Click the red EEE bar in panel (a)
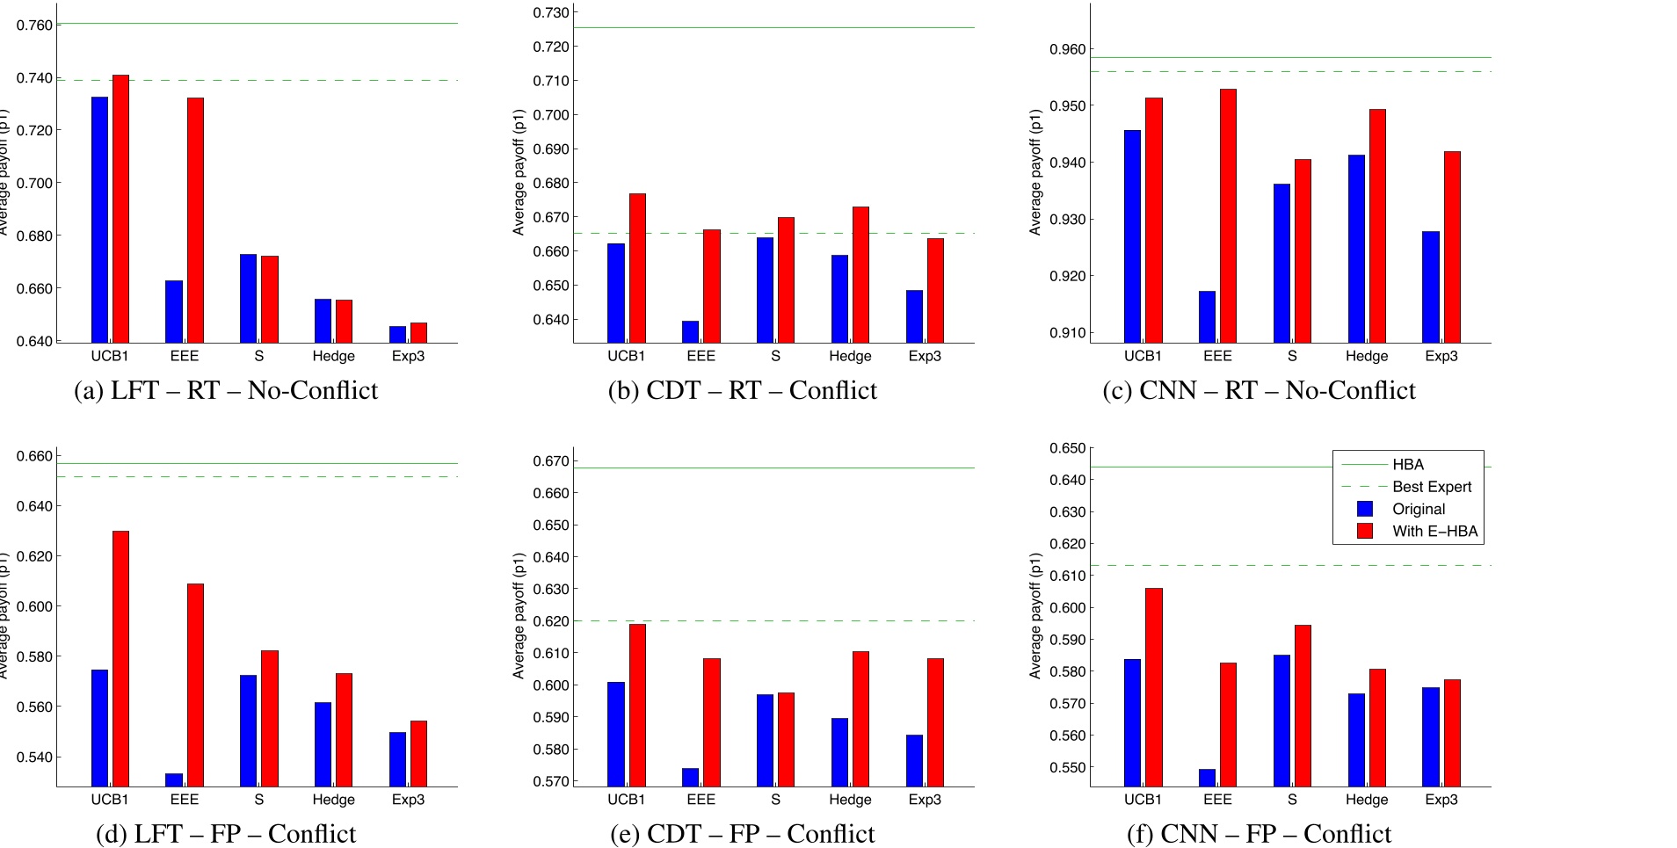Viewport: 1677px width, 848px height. pos(195,220)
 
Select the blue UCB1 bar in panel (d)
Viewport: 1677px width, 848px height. pos(100,728)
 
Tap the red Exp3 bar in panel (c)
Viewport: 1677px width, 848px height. pos(1452,247)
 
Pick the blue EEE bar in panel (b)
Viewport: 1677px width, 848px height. pos(691,332)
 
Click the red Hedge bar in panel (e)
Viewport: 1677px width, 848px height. pos(860,719)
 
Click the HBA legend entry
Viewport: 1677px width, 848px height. pos(1407,464)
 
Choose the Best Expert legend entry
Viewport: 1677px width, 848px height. pos(1431,486)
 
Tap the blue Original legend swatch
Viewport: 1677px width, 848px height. pos(1365,509)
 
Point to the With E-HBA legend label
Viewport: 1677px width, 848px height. pos(1434,531)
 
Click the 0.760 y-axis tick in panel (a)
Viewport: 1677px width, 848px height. pos(34,25)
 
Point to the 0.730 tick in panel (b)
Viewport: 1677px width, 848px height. pos(551,12)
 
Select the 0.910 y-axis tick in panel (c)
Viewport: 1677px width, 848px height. pos(1068,332)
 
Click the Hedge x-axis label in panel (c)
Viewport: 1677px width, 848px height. pos(1367,356)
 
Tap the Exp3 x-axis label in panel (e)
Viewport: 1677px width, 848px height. pos(925,800)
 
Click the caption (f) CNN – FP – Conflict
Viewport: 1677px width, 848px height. pos(1259,833)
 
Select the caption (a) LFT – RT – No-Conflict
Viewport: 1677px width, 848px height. pos(226,389)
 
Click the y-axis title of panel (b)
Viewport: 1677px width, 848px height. pos(519,172)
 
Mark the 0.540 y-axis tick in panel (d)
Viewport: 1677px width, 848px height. pos(34,757)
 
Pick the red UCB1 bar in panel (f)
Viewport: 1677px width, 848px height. pos(1153,687)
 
